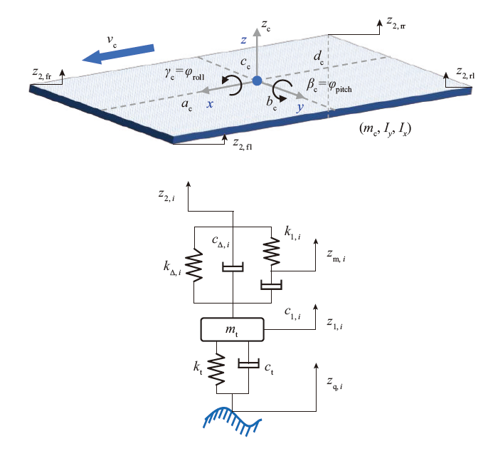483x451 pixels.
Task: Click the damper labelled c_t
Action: pos(248,366)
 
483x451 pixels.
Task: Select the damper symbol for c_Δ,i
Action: pos(233,268)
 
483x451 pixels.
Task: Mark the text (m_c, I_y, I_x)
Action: pos(386,130)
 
